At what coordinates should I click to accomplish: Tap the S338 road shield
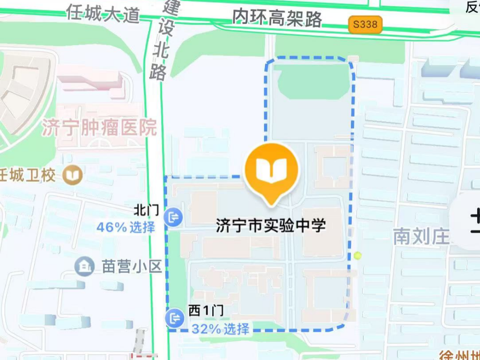click(x=365, y=24)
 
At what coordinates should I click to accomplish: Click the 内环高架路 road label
click(x=277, y=18)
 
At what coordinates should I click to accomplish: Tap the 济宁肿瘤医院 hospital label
click(x=99, y=128)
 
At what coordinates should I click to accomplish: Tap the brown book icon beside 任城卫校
click(x=73, y=174)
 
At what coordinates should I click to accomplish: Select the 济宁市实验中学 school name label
click(x=271, y=225)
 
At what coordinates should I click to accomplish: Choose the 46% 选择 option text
click(x=126, y=227)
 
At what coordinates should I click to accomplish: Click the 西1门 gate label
click(x=205, y=312)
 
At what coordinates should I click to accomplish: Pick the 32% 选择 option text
click(x=220, y=329)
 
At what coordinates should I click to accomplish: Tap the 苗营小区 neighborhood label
click(x=132, y=266)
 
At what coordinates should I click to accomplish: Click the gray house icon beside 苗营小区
click(x=85, y=265)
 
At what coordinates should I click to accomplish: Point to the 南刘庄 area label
click(x=421, y=236)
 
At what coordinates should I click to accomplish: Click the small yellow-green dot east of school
click(x=358, y=256)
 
